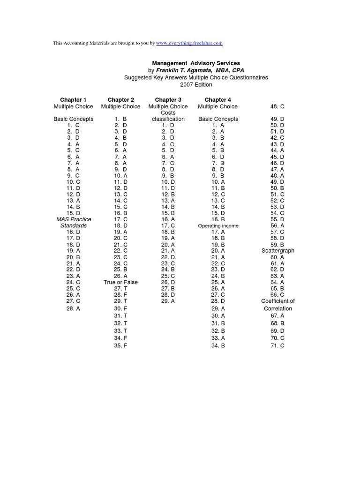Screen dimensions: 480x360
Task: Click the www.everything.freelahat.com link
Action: pos(189,43)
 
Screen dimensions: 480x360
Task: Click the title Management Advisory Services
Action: pos(196,63)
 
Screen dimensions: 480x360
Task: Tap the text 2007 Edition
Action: pos(196,85)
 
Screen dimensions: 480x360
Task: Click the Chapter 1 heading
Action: pos(73,100)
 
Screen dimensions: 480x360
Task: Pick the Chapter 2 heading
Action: pos(120,100)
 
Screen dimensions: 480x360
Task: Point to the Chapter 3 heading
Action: pos(168,100)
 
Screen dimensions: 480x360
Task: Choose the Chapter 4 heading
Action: pos(217,100)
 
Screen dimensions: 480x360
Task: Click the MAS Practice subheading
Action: pos(74,219)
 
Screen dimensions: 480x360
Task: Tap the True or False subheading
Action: pos(120,282)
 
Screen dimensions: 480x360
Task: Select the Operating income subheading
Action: pos(218,226)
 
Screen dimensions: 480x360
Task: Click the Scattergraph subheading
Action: pos(277,251)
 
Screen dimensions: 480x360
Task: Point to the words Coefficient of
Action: pos(277,301)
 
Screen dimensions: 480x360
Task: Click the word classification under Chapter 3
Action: pos(168,119)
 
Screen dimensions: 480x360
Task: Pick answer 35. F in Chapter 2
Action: pos(120,345)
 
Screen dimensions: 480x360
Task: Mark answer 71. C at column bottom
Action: pos(277,345)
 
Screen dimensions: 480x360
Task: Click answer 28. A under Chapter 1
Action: pos(73,309)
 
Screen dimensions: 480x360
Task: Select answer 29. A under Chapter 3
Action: pos(168,301)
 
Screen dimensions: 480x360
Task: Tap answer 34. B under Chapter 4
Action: pos(218,345)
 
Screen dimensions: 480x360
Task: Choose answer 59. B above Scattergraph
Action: pos(277,244)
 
